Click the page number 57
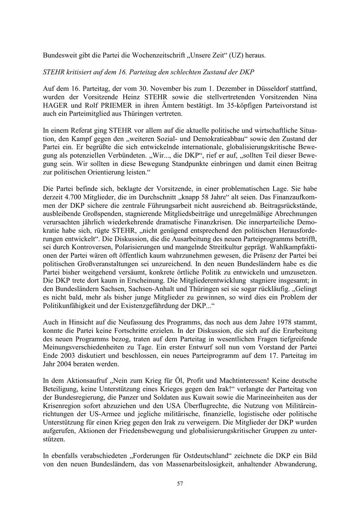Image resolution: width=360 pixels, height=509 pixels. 180,483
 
